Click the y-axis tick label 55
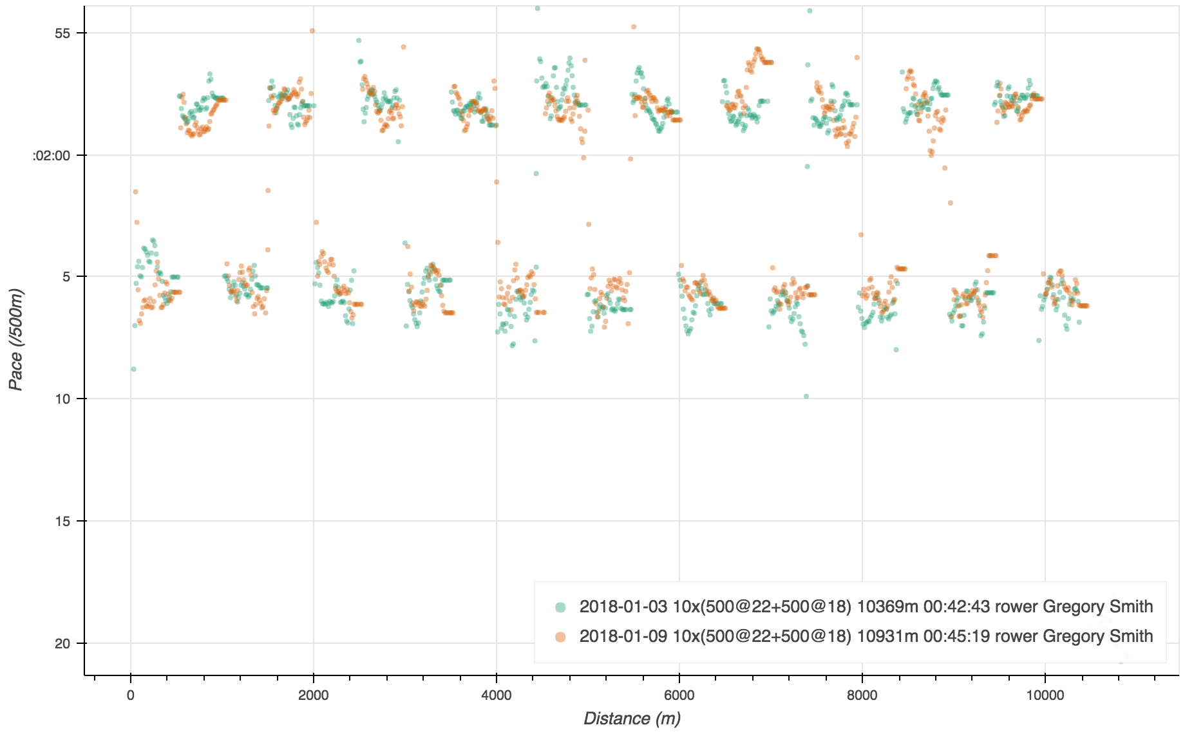[62, 33]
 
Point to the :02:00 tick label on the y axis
[52, 156]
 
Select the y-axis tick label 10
[62, 399]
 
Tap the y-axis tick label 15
[62, 522]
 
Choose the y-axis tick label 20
[62, 644]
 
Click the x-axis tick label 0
[131, 695]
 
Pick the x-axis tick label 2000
[314, 695]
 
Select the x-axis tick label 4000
[497, 695]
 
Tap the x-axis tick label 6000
[679, 695]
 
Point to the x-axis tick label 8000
[862, 695]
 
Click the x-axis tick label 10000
[1045, 695]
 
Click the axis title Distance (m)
[632, 719]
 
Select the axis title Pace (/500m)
[16, 339]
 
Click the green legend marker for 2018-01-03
[560, 607]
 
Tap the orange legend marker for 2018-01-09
[560, 637]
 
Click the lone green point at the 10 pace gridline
[806, 396]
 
